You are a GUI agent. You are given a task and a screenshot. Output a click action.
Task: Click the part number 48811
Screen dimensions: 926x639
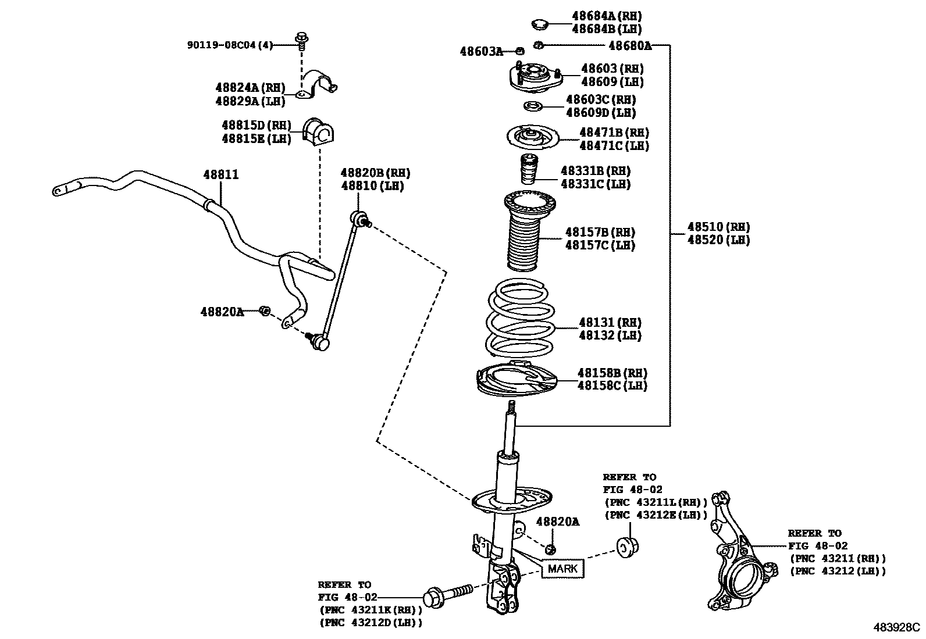(x=221, y=174)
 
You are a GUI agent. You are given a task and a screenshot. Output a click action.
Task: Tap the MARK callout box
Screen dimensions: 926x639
(x=562, y=569)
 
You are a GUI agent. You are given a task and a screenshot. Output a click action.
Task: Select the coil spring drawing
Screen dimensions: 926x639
(x=520, y=318)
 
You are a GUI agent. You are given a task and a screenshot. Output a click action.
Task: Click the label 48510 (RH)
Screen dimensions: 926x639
(x=718, y=227)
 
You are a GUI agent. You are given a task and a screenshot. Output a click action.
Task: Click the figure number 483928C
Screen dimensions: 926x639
(x=896, y=627)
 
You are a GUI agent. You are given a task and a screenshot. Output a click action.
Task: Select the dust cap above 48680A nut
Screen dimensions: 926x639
(x=539, y=24)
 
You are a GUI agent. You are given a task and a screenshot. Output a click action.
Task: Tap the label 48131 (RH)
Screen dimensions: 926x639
(x=610, y=322)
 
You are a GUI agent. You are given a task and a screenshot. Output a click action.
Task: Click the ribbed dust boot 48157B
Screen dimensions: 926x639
(x=529, y=231)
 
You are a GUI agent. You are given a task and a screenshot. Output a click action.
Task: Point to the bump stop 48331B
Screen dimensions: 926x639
(x=528, y=169)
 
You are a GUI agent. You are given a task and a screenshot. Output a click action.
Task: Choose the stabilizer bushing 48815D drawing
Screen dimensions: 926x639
(x=318, y=132)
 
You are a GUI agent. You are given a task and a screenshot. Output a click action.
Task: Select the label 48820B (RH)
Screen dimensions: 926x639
(x=375, y=173)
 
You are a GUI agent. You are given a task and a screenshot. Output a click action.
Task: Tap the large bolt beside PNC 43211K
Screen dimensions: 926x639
(x=448, y=595)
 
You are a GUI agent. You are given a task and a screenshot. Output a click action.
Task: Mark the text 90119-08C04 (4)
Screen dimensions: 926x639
(x=230, y=45)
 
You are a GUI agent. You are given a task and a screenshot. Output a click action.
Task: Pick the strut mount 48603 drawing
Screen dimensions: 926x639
(x=535, y=78)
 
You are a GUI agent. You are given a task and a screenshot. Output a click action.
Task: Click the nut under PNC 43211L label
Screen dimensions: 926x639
(x=628, y=547)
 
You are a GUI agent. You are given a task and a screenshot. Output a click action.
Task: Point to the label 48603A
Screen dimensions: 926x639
(x=481, y=51)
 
